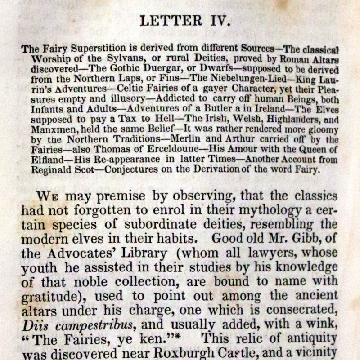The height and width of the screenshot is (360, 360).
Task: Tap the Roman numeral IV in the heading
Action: pyautogui.click(x=219, y=21)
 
